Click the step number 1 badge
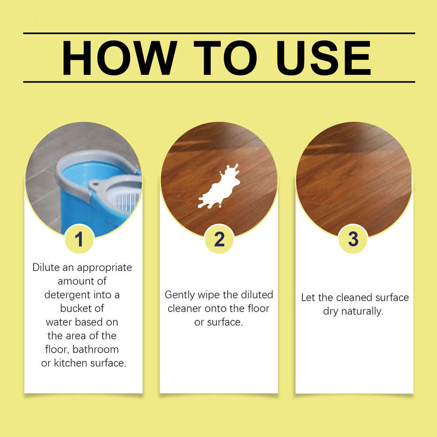(x=79, y=239)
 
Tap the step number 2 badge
(x=219, y=239)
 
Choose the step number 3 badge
(x=353, y=239)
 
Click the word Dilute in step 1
(x=45, y=267)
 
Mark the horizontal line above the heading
(x=218, y=33)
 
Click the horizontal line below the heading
(x=218, y=82)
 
